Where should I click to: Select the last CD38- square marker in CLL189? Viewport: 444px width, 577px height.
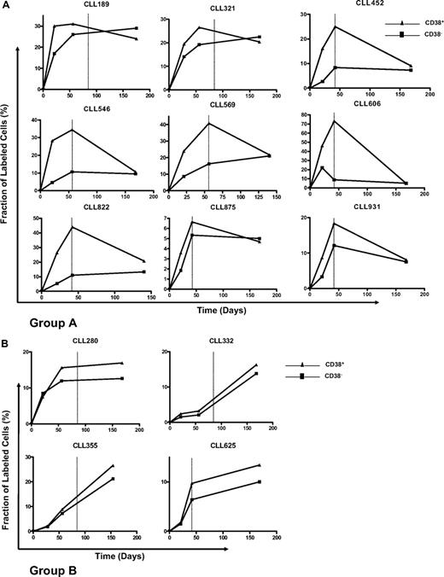point(136,28)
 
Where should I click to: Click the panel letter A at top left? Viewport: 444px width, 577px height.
point(6,6)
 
